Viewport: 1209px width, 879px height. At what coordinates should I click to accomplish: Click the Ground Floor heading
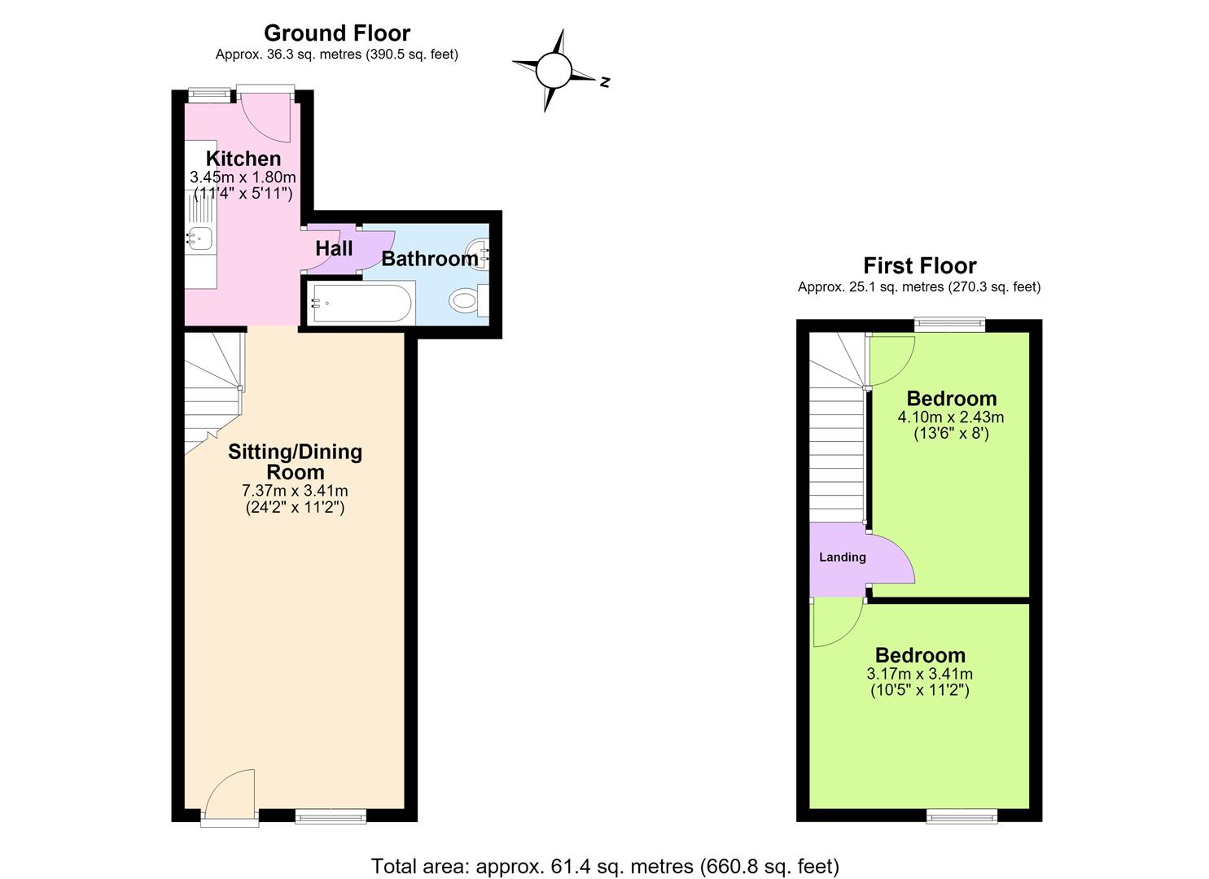point(337,33)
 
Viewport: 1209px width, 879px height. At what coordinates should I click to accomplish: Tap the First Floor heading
point(920,265)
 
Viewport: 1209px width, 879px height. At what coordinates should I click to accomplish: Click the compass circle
point(554,71)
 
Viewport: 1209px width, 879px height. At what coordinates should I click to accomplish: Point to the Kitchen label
point(243,159)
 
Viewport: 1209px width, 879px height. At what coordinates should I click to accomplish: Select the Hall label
point(334,249)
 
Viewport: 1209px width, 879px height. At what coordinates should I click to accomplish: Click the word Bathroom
point(430,259)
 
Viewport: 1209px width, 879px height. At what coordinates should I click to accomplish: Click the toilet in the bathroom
point(468,300)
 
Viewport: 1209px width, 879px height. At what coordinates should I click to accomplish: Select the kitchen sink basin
point(199,238)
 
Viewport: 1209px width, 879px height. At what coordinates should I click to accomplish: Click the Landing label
point(843,558)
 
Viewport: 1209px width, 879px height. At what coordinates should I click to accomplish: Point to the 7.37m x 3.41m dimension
point(295,491)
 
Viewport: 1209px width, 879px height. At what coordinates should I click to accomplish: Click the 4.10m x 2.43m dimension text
point(951,417)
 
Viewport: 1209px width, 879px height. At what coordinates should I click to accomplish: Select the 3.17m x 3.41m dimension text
point(920,674)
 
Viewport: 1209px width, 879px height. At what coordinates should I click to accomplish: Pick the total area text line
point(605,851)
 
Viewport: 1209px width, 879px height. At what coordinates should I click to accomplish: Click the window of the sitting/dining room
point(331,817)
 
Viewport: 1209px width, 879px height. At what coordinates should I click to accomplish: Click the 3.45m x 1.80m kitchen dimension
point(243,177)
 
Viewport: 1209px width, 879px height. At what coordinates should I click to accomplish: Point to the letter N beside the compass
point(605,82)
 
